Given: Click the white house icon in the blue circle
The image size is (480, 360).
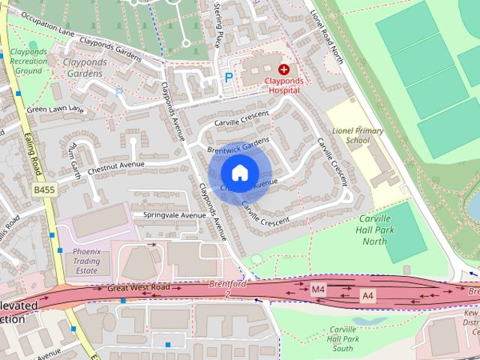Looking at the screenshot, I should click(x=239, y=172).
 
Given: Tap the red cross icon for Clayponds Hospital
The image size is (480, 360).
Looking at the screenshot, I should click(x=283, y=69).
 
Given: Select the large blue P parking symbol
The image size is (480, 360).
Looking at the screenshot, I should click(x=229, y=77).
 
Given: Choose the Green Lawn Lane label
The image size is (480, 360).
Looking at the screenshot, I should click(x=55, y=109).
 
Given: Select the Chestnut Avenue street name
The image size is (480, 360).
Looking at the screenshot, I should click(x=115, y=164).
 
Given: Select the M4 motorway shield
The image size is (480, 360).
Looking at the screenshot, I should click(x=319, y=288).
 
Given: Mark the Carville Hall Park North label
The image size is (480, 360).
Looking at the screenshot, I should click(x=374, y=231).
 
